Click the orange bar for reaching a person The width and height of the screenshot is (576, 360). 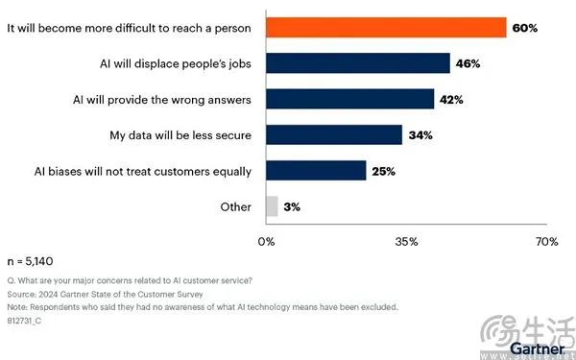386,28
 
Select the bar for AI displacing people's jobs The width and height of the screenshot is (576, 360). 358,63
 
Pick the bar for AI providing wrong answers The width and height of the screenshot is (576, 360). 350,99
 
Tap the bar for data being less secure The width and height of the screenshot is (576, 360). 334,134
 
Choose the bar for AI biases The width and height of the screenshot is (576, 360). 316,171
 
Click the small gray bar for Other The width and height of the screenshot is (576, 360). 272,206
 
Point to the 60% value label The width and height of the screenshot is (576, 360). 525,28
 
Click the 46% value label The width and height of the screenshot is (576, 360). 468,63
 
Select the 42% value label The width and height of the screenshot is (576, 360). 451,100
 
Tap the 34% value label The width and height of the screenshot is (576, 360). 420,135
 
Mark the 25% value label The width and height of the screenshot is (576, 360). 383,171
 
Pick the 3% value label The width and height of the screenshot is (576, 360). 292,207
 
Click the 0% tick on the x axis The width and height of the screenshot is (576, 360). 266,242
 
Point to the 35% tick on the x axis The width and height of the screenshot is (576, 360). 407,242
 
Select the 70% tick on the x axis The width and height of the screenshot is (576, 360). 547,242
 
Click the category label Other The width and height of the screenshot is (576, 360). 236,206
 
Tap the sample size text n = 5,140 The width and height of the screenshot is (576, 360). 30,261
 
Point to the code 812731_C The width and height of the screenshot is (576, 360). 24,321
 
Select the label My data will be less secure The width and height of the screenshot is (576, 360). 180,135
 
